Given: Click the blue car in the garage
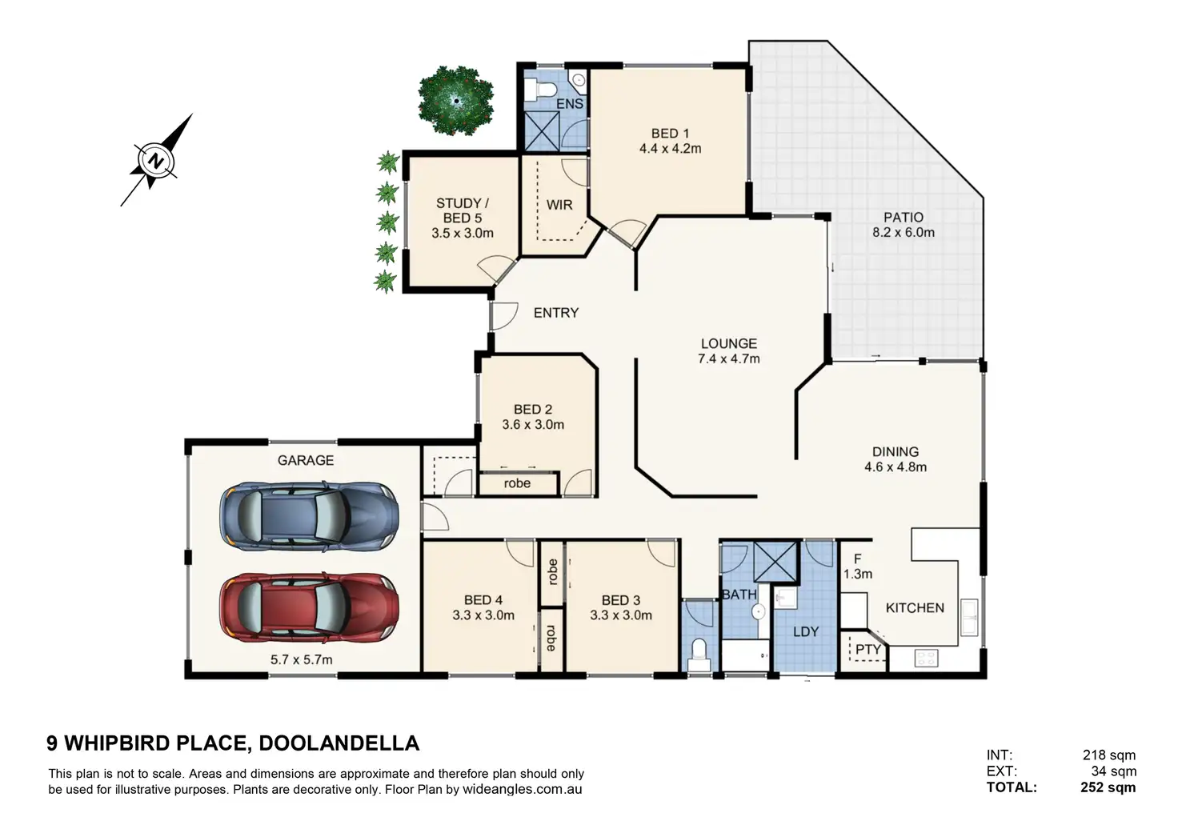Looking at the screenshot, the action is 309,516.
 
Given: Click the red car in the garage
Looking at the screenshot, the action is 309,607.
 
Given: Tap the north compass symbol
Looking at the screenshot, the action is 156,160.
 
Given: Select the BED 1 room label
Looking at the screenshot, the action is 670,134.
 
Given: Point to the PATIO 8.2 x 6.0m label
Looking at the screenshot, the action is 904,225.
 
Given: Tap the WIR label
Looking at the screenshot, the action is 559,205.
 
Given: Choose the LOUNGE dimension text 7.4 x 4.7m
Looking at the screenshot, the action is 729,358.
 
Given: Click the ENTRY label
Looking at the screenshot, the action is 556,313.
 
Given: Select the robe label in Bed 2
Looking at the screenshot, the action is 517,483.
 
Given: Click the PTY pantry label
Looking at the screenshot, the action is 867,650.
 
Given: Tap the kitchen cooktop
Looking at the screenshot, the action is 926,658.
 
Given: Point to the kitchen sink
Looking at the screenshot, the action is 970,617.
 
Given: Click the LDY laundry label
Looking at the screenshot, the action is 806,631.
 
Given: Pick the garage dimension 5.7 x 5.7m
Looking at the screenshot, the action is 302,659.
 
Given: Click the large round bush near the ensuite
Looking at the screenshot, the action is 456,100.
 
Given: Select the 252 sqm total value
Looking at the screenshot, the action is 1108,787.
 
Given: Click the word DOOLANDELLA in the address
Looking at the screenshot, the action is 339,743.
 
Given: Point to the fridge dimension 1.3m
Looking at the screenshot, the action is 858,574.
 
